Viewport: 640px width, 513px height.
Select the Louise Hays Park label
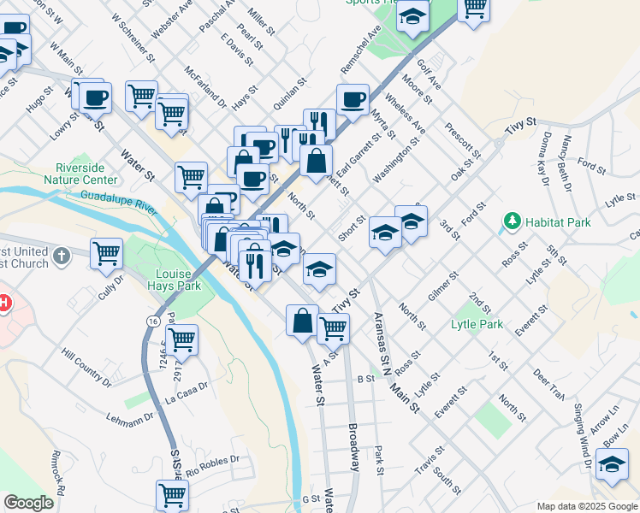[178, 280]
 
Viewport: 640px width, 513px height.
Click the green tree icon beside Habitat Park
[512, 222]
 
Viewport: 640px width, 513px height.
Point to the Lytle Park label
[477, 325]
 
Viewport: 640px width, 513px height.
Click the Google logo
[28, 503]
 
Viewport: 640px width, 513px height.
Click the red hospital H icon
[3, 304]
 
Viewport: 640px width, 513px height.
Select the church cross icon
[61, 255]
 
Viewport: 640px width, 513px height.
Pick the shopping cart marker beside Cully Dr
[106, 253]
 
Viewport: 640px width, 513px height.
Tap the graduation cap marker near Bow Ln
[611, 464]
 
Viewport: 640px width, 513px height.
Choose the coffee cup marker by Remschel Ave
[353, 100]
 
